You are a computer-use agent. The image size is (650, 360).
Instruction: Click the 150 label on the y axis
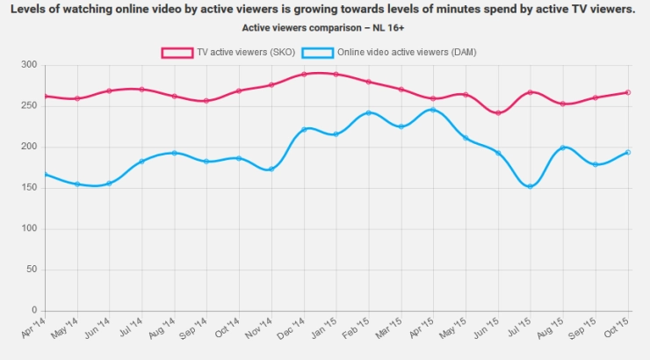29,188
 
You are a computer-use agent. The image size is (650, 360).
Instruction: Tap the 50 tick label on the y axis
32,270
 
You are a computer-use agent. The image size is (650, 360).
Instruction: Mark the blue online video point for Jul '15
531,186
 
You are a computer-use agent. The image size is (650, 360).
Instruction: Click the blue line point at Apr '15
433,110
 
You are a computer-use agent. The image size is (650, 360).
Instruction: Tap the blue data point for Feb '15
368,112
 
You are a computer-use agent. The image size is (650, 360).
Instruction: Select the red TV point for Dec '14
303,74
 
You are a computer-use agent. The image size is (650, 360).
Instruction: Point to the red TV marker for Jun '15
498,112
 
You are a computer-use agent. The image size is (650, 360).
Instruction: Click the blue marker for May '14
77,184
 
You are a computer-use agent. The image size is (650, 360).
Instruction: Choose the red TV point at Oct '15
628,92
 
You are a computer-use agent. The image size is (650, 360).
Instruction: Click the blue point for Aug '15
563,148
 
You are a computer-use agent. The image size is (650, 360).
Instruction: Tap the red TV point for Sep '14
206,100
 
